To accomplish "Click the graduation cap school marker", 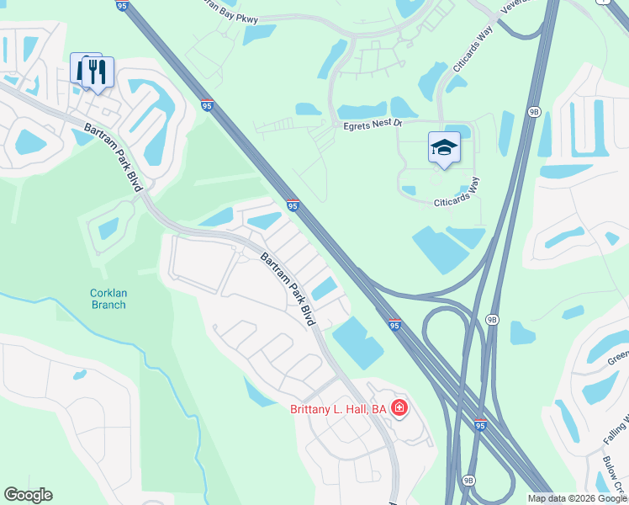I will pos(444,148).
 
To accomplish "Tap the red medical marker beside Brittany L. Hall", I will pos(399,409).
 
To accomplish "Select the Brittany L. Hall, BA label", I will pos(337,409).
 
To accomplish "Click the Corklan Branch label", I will pos(108,299).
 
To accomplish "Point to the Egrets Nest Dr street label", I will pos(373,124).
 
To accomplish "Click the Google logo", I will pos(28,495).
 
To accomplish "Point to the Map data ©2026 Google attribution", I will pos(578,498).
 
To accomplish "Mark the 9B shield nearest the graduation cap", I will pos(533,111).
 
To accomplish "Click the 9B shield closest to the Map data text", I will pos(468,481).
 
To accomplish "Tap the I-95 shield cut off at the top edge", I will pos(121,4).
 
